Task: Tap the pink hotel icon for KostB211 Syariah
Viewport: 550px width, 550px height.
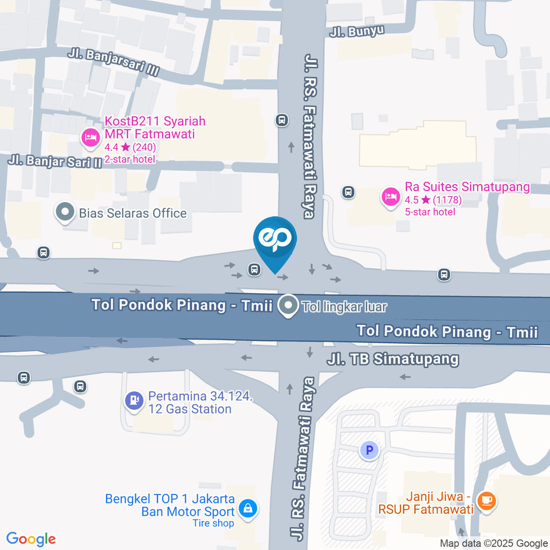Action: click(90, 137)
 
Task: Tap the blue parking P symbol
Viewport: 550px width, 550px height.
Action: click(369, 450)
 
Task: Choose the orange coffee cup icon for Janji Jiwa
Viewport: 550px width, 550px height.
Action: click(488, 501)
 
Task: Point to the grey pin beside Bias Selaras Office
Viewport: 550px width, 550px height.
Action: click(64, 213)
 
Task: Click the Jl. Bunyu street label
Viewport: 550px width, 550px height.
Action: click(356, 31)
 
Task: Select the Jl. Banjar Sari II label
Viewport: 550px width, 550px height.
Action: click(55, 160)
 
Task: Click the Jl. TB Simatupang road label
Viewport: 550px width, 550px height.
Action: click(393, 359)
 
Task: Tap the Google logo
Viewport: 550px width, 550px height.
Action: click(31, 539)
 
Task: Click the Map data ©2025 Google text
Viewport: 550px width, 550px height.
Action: click(494, 544)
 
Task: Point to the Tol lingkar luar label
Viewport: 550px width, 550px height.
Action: click(344, 307)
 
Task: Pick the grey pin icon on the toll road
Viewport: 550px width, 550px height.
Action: click(289, 305)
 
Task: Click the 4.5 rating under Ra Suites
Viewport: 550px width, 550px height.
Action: click(411, 201)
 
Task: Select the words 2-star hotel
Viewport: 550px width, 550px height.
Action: click(129, 159)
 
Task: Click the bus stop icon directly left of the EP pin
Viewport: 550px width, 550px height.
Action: click(253, 268)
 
